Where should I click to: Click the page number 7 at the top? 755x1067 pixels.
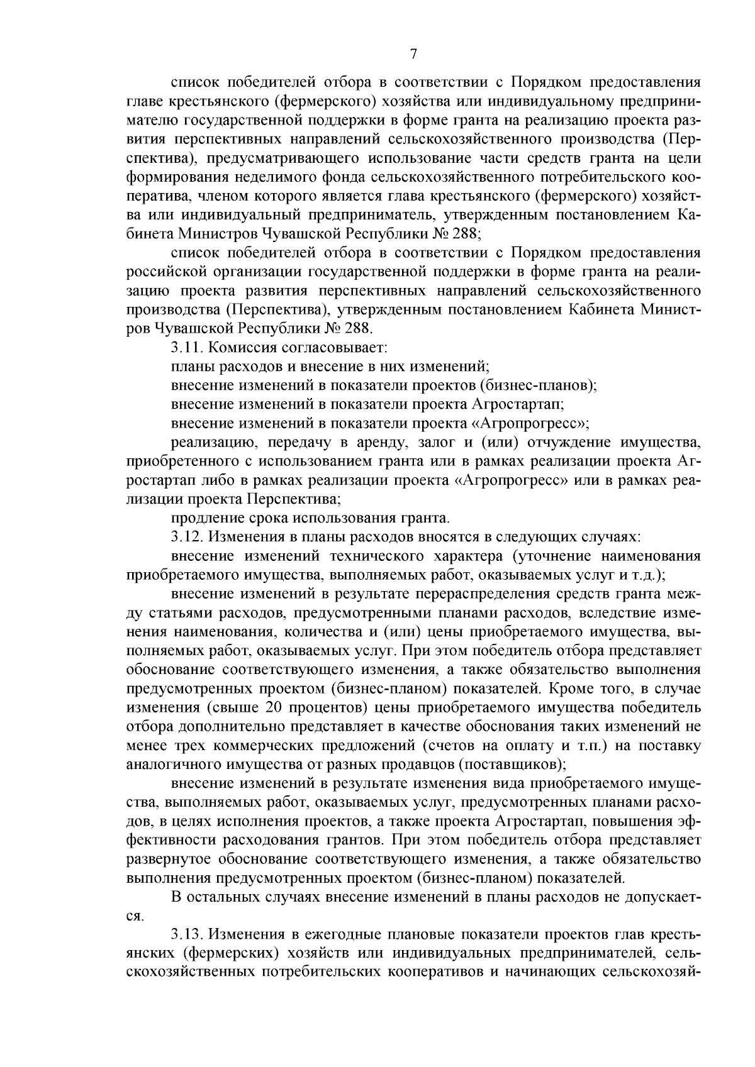click(x=413, y=55)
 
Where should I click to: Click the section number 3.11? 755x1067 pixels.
click(x=186, y=346)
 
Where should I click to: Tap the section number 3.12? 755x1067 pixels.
click(x=186, y=538)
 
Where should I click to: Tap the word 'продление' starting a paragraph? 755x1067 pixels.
click(x=201, y=519)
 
